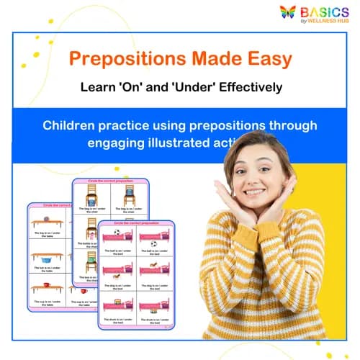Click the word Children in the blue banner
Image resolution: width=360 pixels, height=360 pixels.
tap(73, 125)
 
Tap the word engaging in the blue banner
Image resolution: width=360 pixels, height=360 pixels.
tap(119, 143)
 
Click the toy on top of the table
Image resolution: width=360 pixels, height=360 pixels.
tap(46, 218)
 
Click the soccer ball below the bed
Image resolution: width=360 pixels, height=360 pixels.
tap(153, 243)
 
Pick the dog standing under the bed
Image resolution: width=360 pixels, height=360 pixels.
tap(117, 277)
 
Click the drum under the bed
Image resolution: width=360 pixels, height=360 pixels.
tap(153, 310)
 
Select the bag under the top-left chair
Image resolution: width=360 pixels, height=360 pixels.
tap(91, 199)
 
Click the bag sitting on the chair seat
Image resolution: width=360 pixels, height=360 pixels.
tap(129, 191)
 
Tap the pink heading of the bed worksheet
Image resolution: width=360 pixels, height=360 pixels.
tap(136, 222)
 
